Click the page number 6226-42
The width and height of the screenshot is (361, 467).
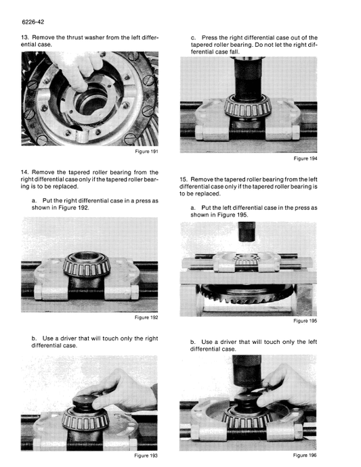tap(32, 21)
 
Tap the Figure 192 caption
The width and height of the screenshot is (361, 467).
tap(146, 317)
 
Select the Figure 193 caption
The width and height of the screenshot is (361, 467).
tap(146, 455)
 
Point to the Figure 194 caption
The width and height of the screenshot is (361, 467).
tap(305, 158)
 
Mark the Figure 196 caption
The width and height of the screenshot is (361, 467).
tap(305, 455)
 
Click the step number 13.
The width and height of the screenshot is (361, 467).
tap(25, 37)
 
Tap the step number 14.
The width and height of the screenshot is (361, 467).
tap(25, 172)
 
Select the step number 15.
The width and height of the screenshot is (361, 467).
tap(184, 179)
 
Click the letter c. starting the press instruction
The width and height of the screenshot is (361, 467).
tap(193, 37)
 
